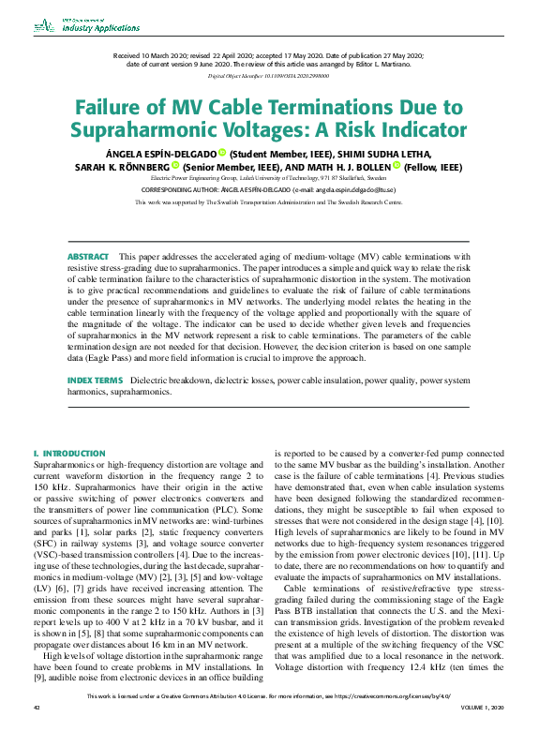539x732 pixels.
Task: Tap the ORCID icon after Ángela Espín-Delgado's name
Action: point(222,153)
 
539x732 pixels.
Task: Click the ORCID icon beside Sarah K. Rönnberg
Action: point(175,166)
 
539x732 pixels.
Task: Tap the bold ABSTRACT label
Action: point(87,256)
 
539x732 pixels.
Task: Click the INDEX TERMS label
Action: point(95,381)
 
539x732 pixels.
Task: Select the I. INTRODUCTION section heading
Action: point(69,454)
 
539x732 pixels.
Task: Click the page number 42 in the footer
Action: point(37,722)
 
